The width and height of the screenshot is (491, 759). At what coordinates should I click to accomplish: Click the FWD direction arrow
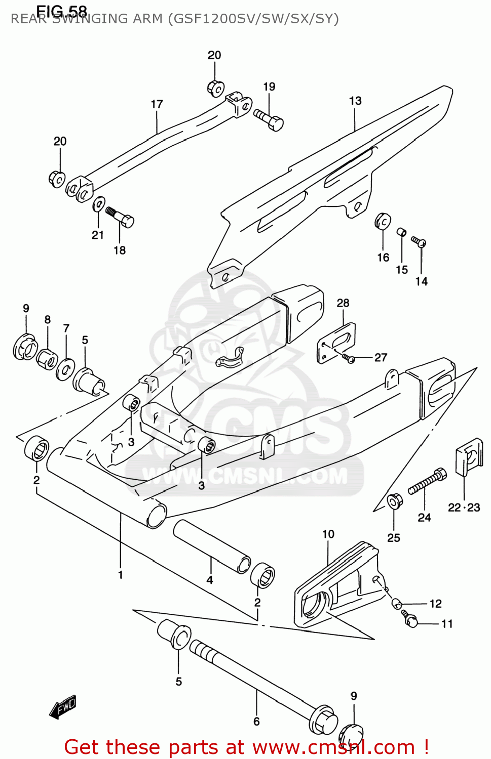click(x=63, y=706)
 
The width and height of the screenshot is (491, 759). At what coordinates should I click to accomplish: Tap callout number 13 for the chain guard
click(x=355, y=101)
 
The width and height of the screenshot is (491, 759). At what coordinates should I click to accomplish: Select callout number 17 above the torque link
click(x=157, y=104)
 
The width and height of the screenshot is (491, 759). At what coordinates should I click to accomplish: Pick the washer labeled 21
click(x=99, y=205)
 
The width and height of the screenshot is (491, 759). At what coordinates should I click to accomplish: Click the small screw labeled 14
click(x=419, y=241)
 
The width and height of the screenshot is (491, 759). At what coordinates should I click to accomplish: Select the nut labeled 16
click(x=383, y=221)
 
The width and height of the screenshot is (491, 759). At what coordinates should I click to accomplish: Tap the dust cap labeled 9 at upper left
click(x=25, y=347)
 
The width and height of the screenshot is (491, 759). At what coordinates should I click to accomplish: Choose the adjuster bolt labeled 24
click(x=427, y=481)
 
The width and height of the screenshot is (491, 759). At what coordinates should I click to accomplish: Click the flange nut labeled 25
click(x=394, y=501)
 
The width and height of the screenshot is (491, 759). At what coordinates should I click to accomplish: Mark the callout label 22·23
click(x=464, y=508)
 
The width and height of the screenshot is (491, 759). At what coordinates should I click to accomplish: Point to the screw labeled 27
click(x=349, y=358)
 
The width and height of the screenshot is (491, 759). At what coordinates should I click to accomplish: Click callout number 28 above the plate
click(x=343, y=303)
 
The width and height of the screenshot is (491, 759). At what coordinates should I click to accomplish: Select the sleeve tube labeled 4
click(x=211, y=546)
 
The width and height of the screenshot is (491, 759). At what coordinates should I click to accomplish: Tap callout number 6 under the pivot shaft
click(x=256, y=721)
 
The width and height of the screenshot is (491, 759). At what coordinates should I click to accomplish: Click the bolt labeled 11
click(x=410, y=619)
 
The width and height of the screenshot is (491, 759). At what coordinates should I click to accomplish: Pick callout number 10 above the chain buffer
click(x=328, y=534)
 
